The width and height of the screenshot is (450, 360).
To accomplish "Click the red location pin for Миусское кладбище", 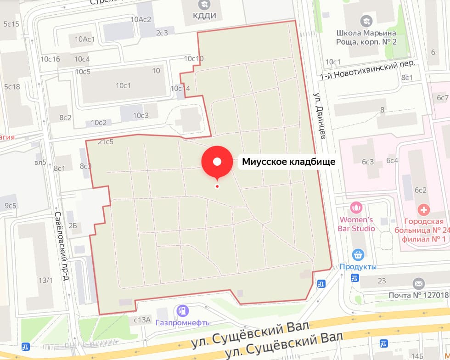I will point(217,162).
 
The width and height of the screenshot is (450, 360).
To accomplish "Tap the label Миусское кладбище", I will point(289,162).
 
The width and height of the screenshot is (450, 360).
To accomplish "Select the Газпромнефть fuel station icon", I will point(183,311).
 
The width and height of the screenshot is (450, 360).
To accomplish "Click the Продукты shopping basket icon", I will point(358,254).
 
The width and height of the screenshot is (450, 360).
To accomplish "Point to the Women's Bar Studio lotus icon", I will point(356,208).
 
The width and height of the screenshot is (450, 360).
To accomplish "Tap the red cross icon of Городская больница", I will point(424,210).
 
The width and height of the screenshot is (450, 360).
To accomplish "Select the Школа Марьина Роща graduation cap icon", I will point(366,20).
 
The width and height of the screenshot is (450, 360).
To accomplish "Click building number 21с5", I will point(106,142).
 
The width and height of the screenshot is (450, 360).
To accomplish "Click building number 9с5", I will point(10,206).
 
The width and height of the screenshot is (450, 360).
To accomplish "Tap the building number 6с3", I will point(368,161).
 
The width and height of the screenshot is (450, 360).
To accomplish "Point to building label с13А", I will point(142,320).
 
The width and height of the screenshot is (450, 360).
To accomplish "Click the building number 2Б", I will point(73,225).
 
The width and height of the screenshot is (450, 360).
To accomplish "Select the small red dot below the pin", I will point(217,186).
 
